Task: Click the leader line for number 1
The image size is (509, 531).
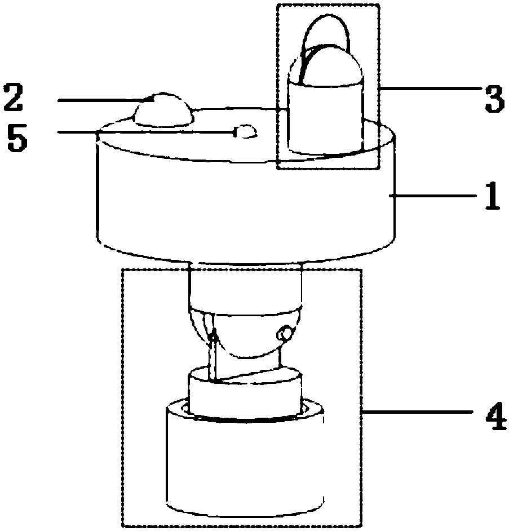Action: (434, 196)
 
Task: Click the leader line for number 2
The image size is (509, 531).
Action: (101, 100)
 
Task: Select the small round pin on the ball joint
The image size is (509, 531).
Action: (285, 334)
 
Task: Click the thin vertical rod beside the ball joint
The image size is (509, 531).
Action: (214, 358)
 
